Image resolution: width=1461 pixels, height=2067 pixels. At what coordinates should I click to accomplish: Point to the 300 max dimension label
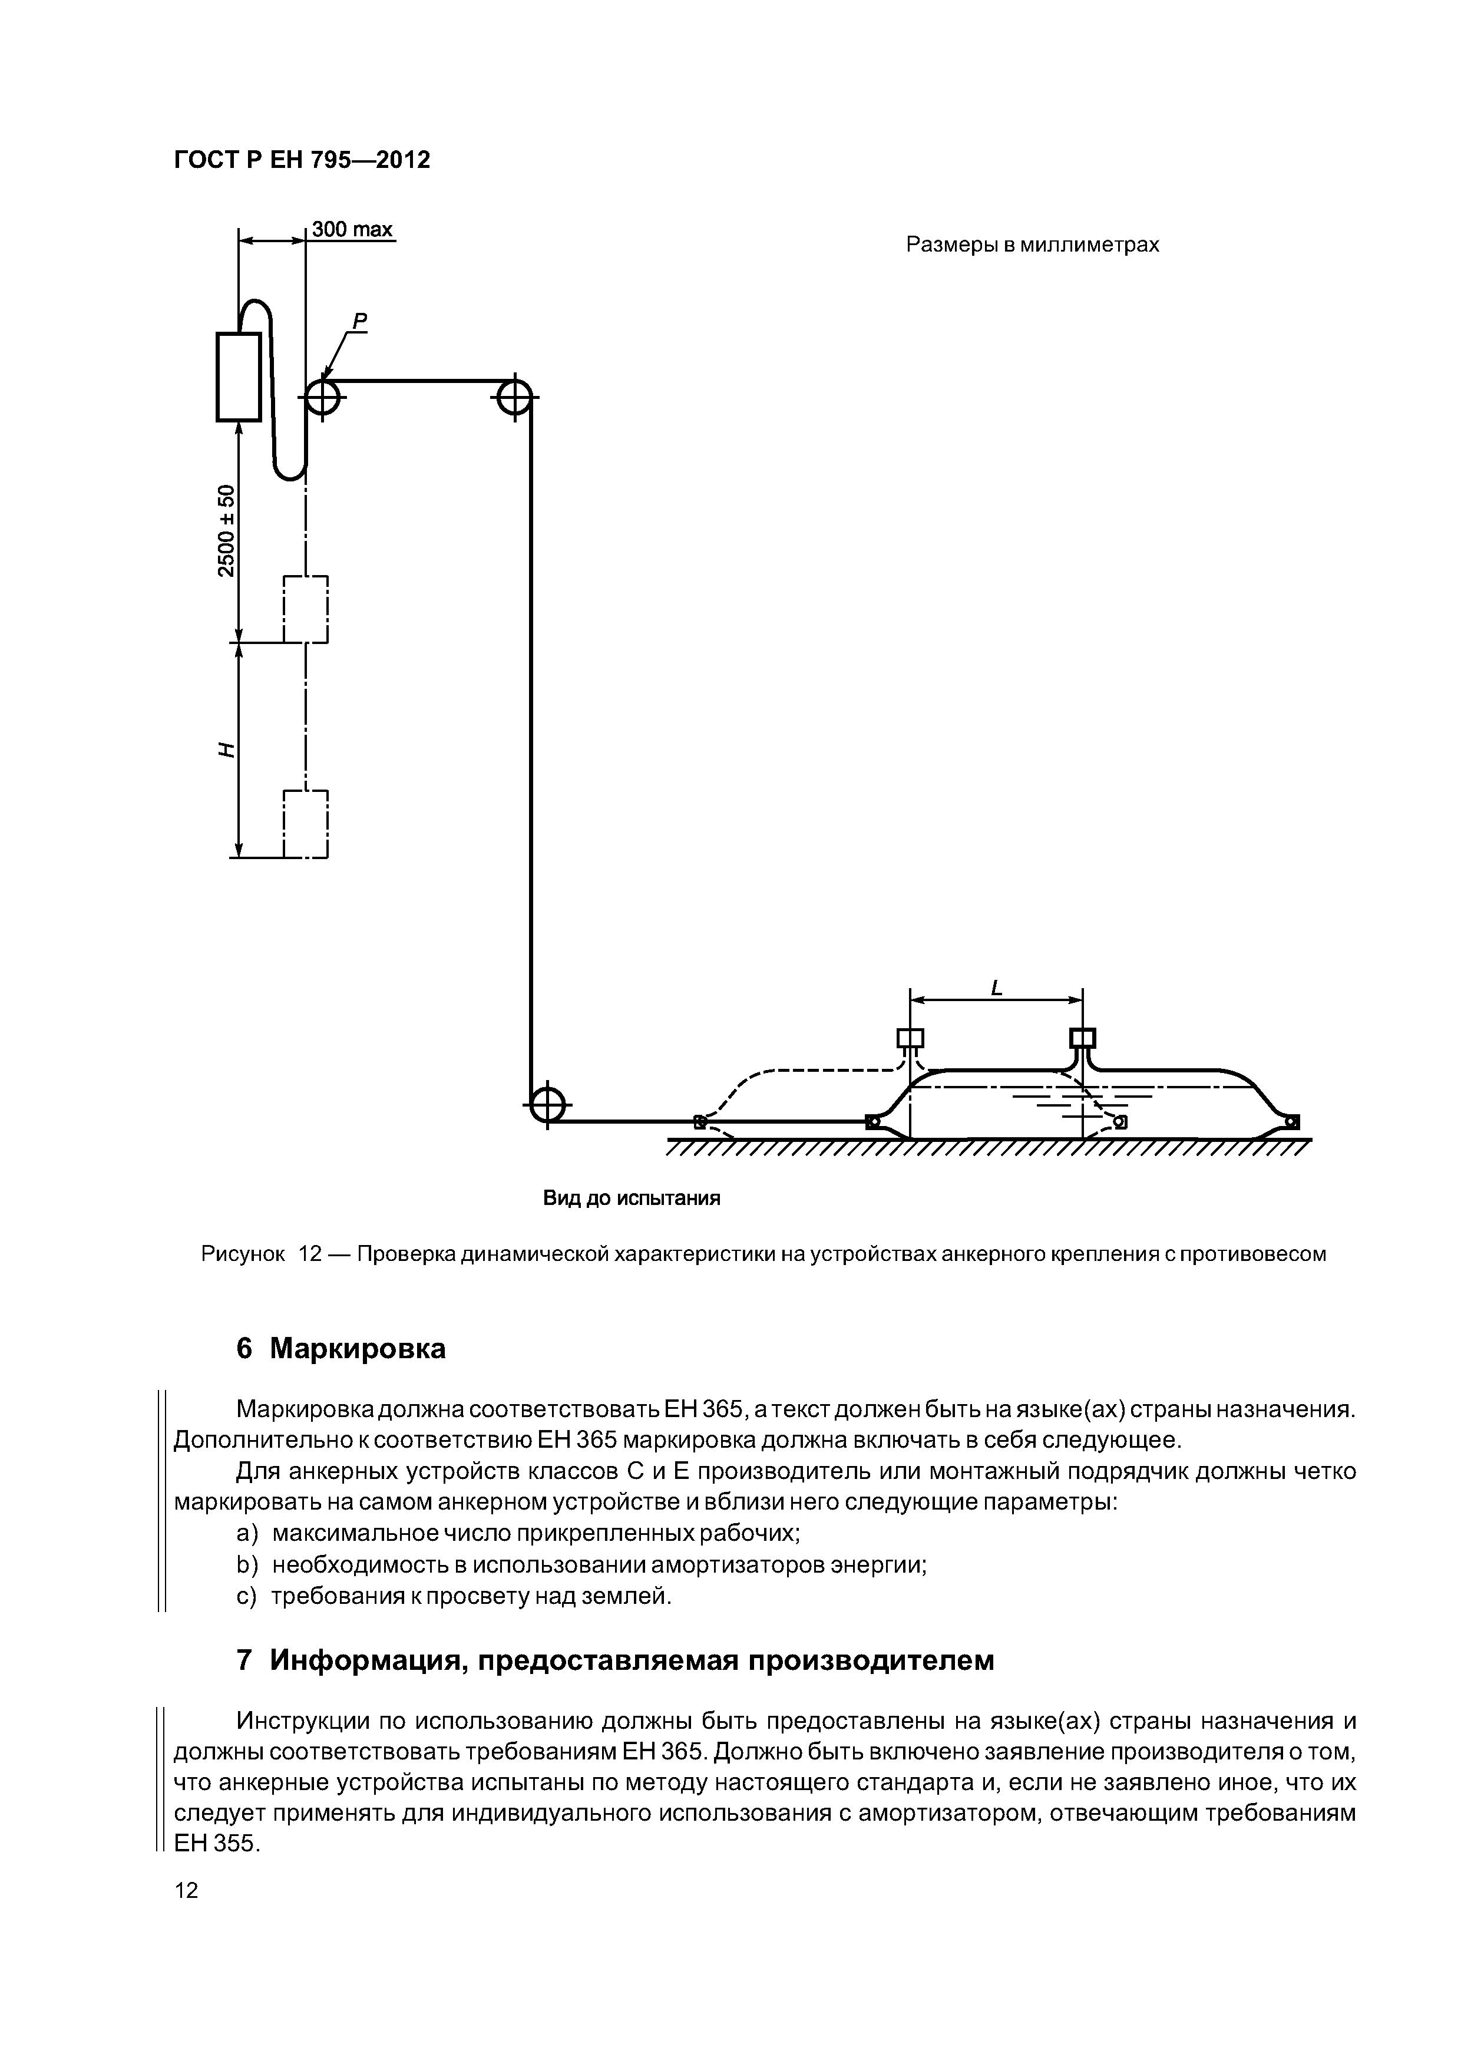(352, 230)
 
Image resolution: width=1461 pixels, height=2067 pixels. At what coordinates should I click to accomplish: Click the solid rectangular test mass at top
(239, 377)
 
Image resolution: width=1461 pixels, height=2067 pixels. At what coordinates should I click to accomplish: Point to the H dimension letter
(226, 750)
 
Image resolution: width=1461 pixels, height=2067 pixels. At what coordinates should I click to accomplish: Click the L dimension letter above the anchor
(996, 989)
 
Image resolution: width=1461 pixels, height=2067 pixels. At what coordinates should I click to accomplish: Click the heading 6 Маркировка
(341, 1349)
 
